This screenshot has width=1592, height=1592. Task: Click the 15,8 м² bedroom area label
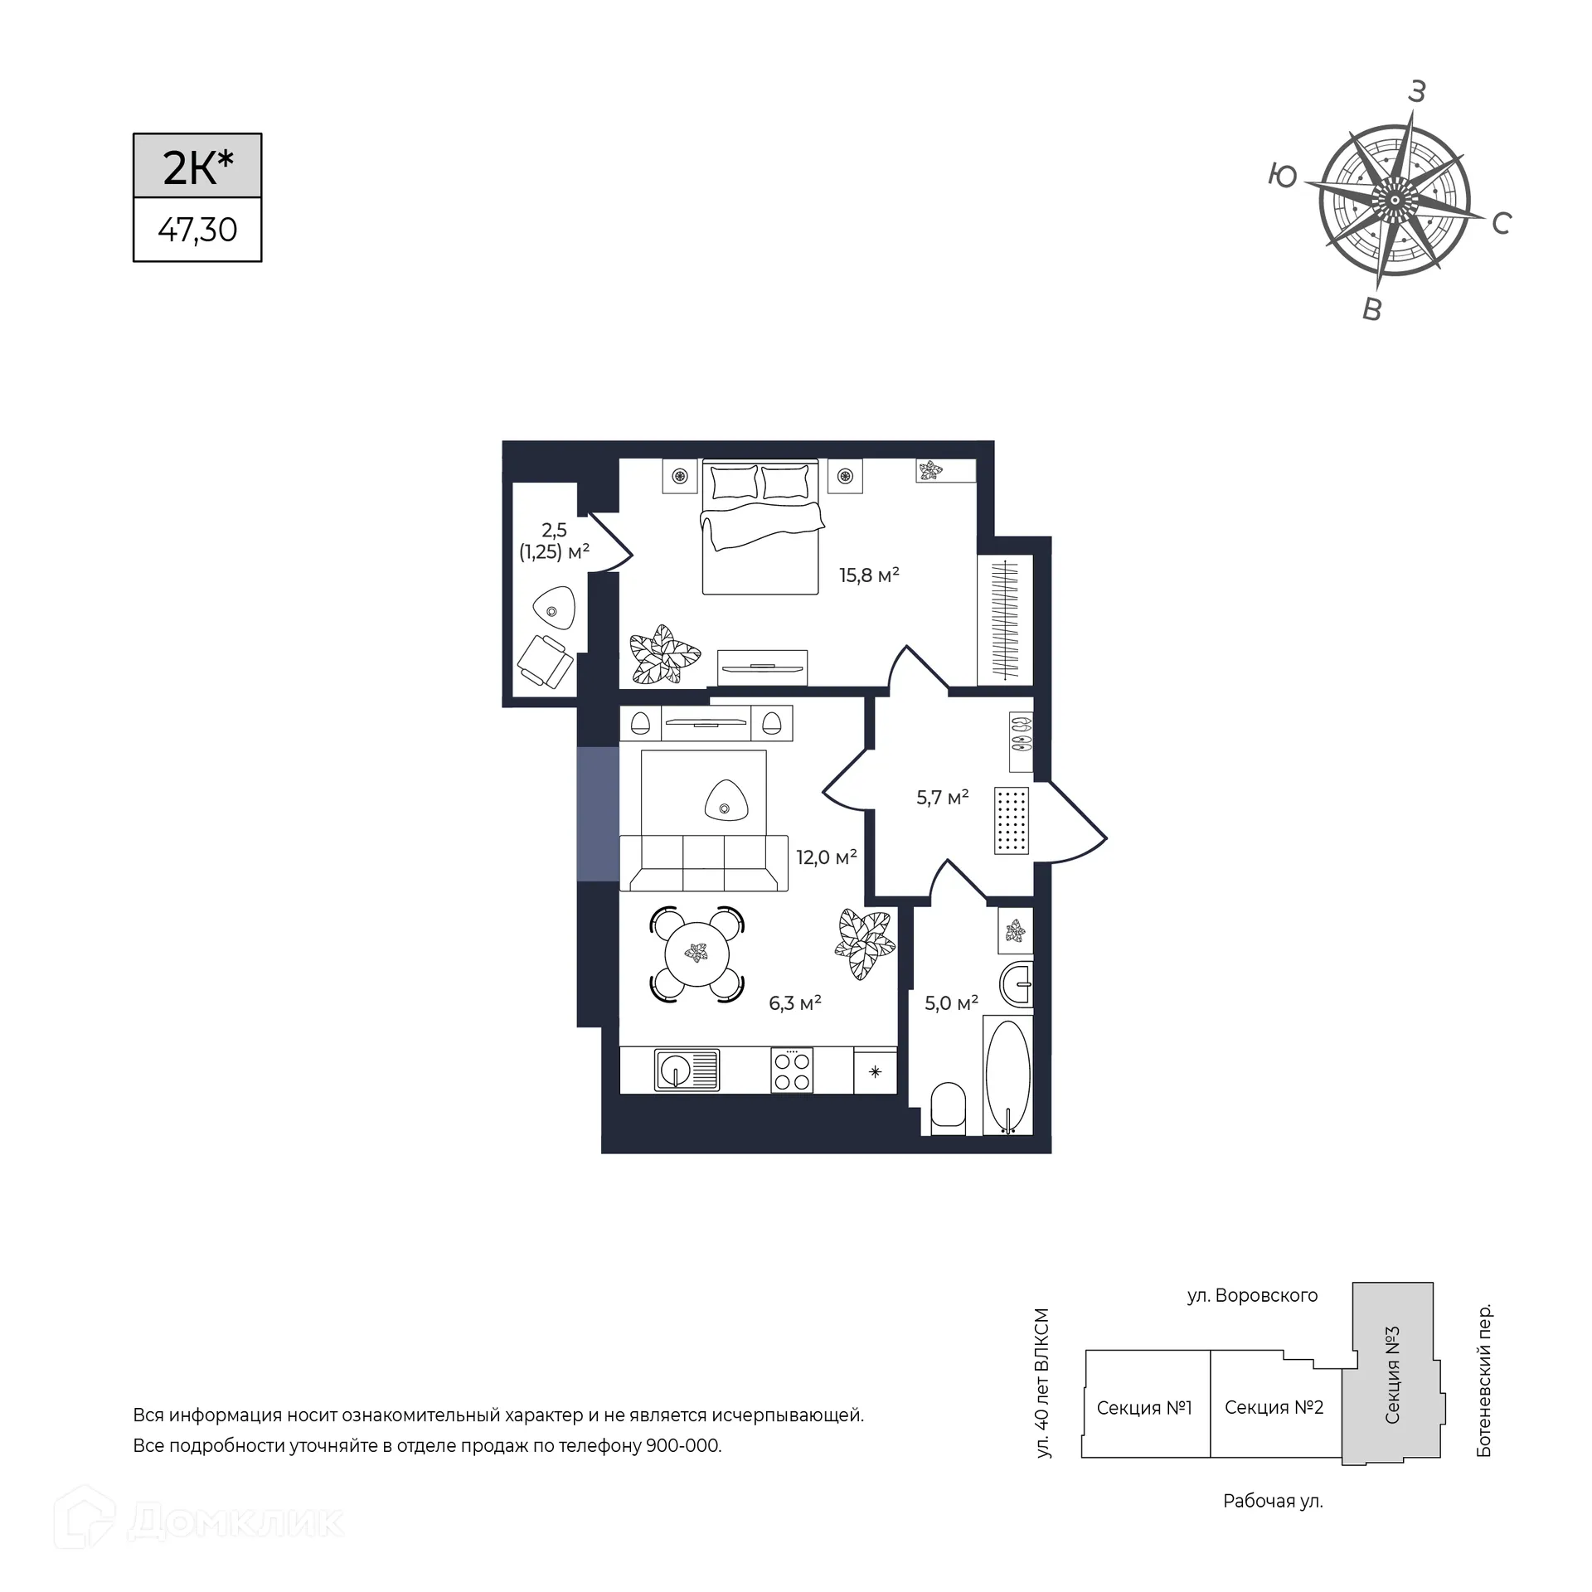point(869,575)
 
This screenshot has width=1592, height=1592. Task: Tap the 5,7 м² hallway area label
point(943,798)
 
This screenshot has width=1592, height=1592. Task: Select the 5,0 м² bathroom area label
point(951,1003)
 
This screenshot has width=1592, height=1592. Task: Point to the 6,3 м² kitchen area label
point(795,1003)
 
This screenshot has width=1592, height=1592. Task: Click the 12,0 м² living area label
point(827,857)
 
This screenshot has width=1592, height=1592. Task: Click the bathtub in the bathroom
point(1008,1075)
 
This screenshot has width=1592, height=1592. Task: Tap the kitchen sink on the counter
point(687,1070)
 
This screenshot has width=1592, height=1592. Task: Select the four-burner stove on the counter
point(792,1070)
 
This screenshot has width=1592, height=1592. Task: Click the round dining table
point(697,954)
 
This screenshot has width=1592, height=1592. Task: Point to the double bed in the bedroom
point(761,527)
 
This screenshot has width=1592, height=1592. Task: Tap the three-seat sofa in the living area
point(704,863)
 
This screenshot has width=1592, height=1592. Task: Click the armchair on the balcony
point(545,661)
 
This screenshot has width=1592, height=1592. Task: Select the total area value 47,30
point(197,230)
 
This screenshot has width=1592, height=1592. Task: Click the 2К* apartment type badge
point(197,166)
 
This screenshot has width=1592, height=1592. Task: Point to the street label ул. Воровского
point(1252,1295)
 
